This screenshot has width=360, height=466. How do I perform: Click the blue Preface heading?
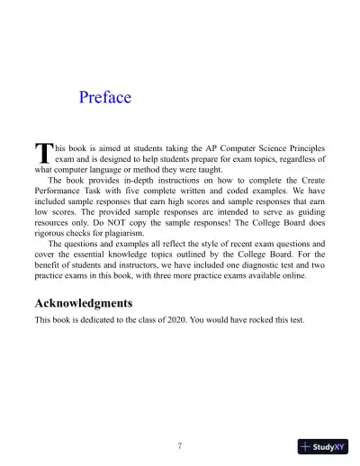click(105, 97)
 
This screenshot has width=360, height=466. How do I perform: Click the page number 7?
click(180, 445)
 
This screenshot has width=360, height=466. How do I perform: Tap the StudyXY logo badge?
click(322, 446)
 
